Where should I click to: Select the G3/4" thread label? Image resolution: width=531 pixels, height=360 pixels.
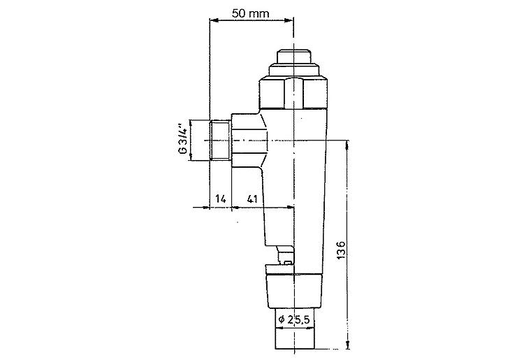pyautogui.click(x=183, y=141)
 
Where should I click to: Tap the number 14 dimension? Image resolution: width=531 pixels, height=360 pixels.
pyautogui.click(x=220, y=199)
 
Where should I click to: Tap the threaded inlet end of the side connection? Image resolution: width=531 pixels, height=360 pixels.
pyautogui.click(x=220, y=141)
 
